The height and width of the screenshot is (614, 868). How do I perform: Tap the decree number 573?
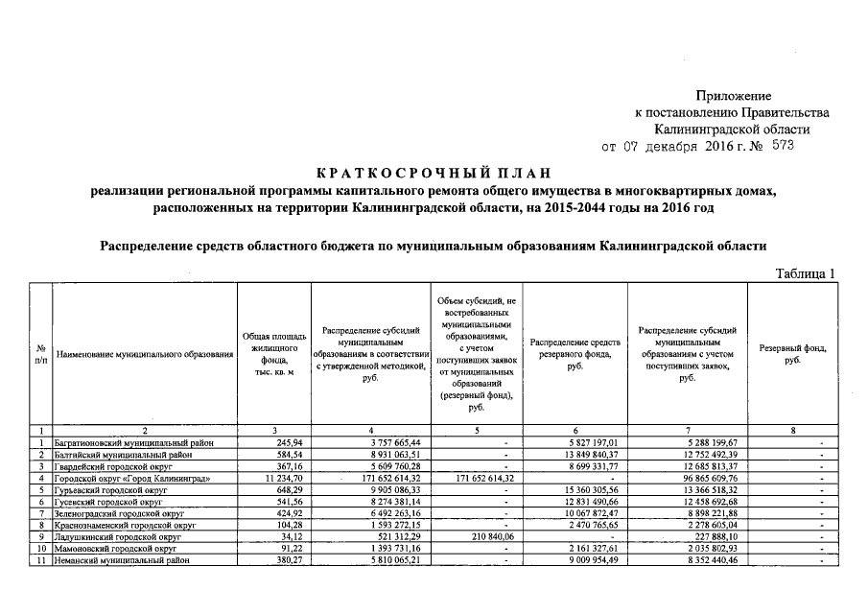(780, 147)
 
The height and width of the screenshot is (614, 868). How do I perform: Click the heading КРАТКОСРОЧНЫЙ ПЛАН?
(434, 174)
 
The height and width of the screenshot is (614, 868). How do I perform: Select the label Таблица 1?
(805, 275)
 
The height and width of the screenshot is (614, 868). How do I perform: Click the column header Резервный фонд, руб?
(792, 354)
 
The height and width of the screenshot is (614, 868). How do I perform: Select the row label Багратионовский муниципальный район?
(132, 443)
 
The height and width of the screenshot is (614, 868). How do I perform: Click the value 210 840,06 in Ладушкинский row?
(487, 537)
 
